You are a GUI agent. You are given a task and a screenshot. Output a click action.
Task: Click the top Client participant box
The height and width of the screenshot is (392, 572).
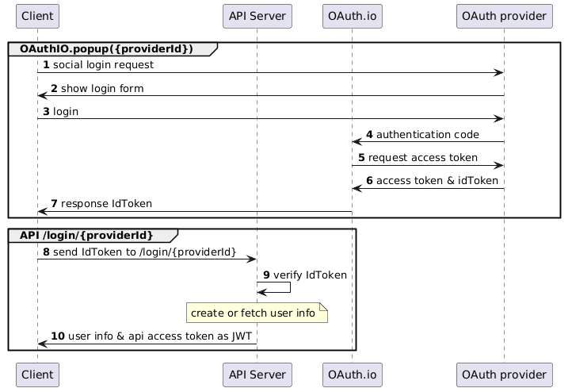coord(37,16)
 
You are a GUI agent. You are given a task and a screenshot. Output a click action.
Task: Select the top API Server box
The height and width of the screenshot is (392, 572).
coord(257,16)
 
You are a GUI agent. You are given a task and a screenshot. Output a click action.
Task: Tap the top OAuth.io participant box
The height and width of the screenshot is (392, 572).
coord(352,16)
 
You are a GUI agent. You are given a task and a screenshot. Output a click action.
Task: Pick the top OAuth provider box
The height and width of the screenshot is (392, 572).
coord(504,16)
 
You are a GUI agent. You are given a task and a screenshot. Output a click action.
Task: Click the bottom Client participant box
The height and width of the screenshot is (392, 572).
coord(37,375)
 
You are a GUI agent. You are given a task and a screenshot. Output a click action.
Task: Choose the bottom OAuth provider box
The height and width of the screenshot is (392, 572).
coord(504,375)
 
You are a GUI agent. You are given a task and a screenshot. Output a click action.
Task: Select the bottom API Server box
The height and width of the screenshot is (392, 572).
coord(257,375)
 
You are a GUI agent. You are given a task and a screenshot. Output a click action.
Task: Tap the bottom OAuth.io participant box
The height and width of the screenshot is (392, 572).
coord(352,375)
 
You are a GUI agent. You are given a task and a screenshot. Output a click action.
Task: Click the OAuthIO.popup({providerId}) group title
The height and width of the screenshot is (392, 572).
coord(106,49)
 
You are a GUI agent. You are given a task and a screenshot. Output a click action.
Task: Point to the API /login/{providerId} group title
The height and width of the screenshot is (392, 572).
coord(86,235)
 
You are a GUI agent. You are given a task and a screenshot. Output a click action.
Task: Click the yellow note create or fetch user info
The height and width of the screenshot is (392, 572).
coord(257,313)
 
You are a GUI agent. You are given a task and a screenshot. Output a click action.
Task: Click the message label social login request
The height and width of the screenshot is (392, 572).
coord(103,64)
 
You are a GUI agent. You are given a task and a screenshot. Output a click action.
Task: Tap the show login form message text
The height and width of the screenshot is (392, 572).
coord(102,88)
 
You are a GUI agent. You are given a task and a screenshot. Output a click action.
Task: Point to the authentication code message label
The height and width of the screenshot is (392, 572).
coord(428,134)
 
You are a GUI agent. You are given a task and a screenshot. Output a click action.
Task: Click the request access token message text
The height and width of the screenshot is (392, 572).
coord(423,157)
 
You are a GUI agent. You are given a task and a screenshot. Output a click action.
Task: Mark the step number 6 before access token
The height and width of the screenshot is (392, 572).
coord(369,180)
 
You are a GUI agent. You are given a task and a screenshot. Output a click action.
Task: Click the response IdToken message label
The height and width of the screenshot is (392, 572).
coord(106,203)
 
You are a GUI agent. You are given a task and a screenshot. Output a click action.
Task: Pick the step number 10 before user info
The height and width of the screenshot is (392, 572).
coord(58,336)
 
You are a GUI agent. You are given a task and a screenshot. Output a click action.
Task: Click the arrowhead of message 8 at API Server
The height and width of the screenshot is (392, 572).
coord(253,259)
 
